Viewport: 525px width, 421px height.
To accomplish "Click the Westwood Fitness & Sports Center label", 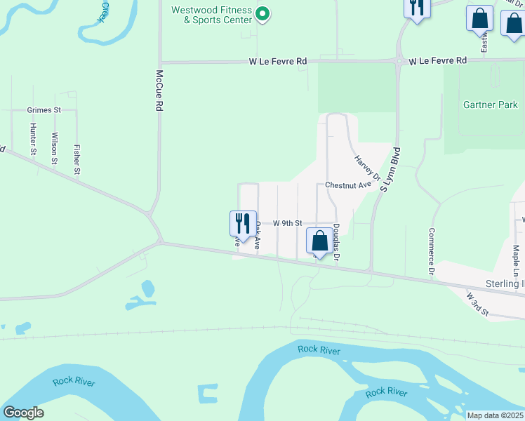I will pyautogui.click(x=212, y=15).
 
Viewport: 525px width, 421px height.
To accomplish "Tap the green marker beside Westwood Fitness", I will pyautogui.click(x=262, y=13).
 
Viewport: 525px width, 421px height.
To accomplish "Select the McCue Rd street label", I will pyautogui.click(x=159, y=91).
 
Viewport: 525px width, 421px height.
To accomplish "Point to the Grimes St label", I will pyautogui.click(x=44, y=110).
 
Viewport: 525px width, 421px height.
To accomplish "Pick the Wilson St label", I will pyautogui.click(x=55, y=148).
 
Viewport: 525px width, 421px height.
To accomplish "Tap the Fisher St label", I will pyautogui.click(x=77, y=159).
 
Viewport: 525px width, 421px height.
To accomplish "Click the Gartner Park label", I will pyautogui.click(x=491, y=105).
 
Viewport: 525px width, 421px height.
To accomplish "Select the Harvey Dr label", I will pyautogui.click(x=367, y=167).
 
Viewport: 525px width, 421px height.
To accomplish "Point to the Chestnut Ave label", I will pyautogui.click(x=347, y=185).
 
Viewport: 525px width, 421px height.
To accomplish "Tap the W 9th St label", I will pyautogui.click(x=287, y=223).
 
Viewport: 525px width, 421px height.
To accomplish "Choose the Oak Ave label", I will pyautogui.click(x=258, y=236).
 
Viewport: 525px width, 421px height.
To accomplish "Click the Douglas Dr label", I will pyautogui.click(x=337, y=239).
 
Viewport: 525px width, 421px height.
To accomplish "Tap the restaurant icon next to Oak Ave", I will pyautogui.click(x=243, y=222).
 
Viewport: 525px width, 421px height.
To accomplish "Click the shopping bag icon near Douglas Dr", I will pyautogui.click(x=319, y=241).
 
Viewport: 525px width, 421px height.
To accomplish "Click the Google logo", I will pyautogui.click(x=23, y=413).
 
